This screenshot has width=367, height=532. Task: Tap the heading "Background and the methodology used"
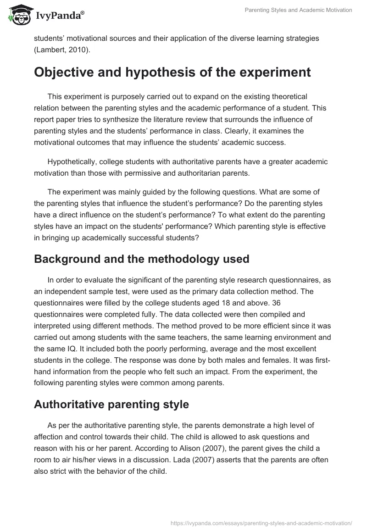click(141, 259)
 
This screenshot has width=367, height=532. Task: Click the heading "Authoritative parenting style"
click(111, 405)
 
